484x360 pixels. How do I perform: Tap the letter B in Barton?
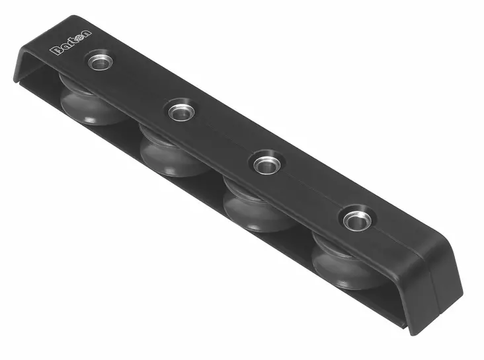coord(54,52)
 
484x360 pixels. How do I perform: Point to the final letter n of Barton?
coord(87,34)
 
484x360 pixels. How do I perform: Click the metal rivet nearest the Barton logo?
coord(101,62)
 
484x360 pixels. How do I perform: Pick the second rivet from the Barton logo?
coord(179,111)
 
